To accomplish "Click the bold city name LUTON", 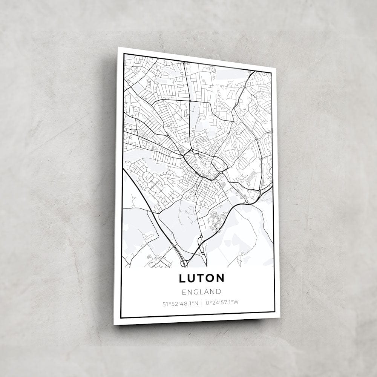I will (x=201, y=278).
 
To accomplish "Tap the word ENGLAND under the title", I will (x=201, y=291).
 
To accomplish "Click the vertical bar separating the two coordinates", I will (x=202, y=303).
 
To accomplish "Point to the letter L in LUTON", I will (x=182, y=278).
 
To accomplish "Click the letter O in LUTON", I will (x=210, y=278).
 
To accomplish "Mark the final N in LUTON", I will (x=220, y=278).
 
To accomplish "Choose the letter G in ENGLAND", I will (x=195, y=291).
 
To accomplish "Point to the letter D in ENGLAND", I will (x=218, y=291).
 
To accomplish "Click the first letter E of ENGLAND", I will (x=184, y=291).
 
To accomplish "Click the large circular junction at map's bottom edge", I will (x=184, y=263).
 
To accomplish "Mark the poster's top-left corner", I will (x=118, y=48).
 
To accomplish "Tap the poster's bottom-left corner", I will (x=114, y=324).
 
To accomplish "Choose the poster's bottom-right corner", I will (x=280, y=317).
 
